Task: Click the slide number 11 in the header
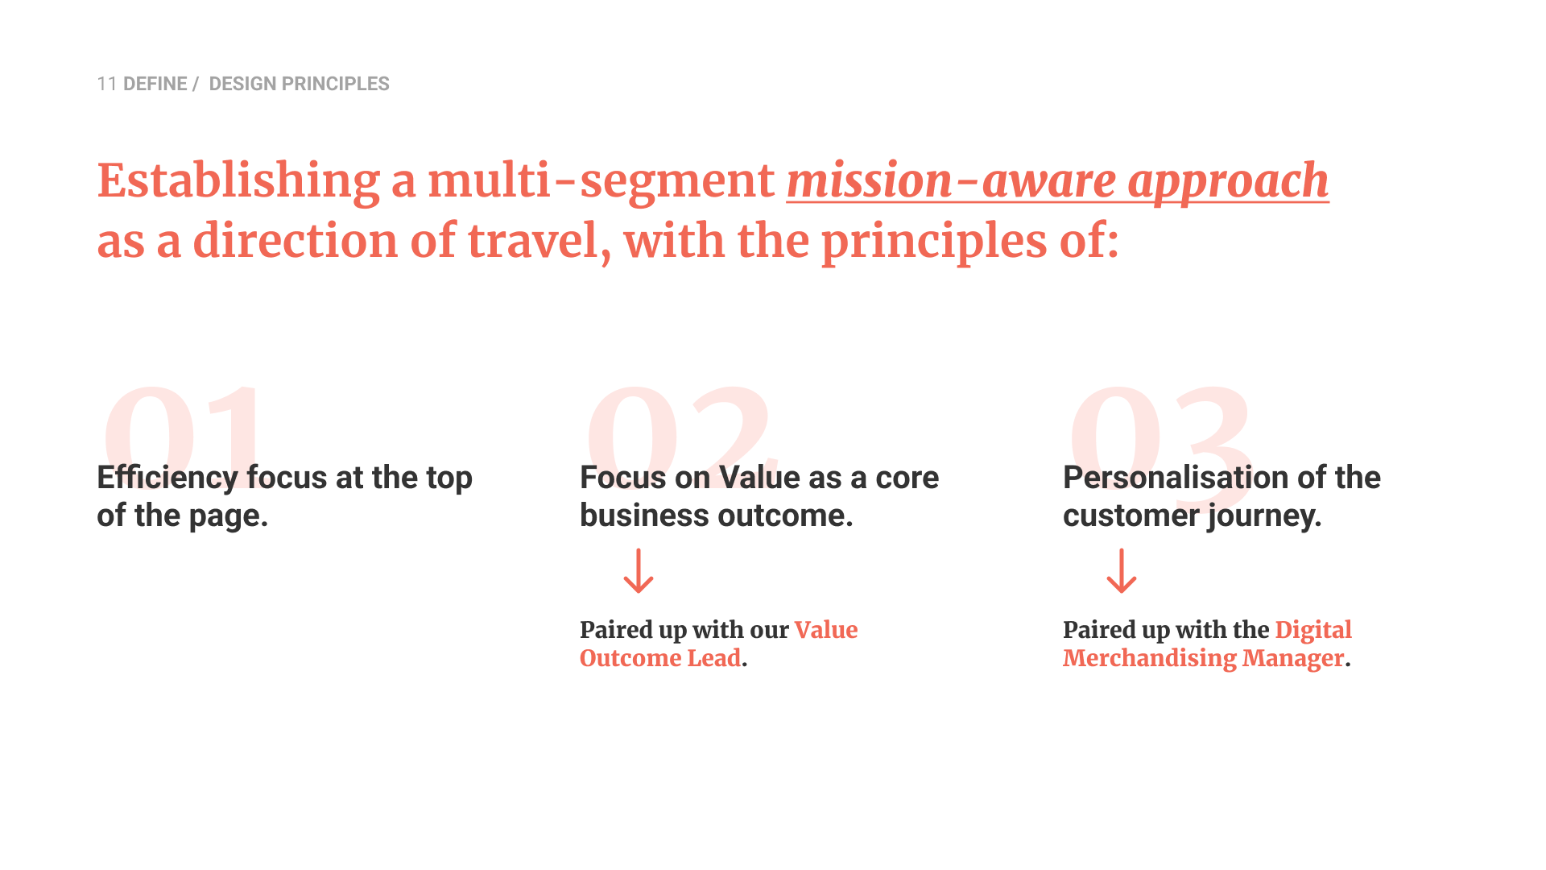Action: click(x=107, y=84)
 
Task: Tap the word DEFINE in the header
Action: click(x=155, y=84)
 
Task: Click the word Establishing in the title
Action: click(x=238, y=181)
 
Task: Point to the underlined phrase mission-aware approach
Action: click(x=1057, y=181)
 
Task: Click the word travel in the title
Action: click(x=539, y=241)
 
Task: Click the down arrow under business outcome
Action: click(x=639, y=571)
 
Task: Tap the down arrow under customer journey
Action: click(x=1122, y=571)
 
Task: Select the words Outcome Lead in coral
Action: click(x=660, y=658)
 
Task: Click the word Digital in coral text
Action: click(x=1313, y=631)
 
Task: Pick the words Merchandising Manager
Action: click(x=1204, y=659)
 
